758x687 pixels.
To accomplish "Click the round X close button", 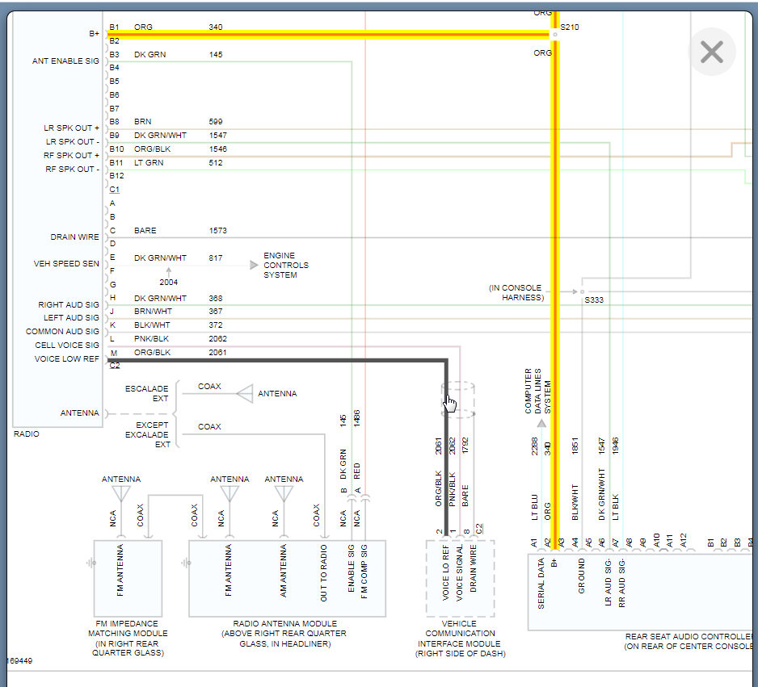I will coord(711,52).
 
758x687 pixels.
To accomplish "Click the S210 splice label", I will coord(569,27).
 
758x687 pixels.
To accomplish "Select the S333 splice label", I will coord(594,300).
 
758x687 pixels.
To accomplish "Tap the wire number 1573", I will coord(217,231).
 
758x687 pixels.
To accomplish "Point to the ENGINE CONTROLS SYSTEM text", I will coord(285,266).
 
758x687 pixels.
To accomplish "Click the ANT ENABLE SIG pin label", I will coord(65,61).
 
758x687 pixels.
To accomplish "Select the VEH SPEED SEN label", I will coord(67,264).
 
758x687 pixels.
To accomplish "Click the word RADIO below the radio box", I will coord(27,434).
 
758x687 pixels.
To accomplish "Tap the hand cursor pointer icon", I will coord(450,403).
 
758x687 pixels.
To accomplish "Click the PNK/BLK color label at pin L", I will coord(152,339).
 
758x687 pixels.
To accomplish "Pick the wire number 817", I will coord(215,258).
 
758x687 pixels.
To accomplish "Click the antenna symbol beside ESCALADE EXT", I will coord(244,394).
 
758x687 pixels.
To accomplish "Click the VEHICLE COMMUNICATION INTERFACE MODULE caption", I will coord(460,639).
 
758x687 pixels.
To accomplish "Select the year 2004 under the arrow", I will coord(168,283).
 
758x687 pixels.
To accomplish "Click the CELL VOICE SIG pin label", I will coord(67,346).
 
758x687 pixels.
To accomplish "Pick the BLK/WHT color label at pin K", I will coord(152,325).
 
